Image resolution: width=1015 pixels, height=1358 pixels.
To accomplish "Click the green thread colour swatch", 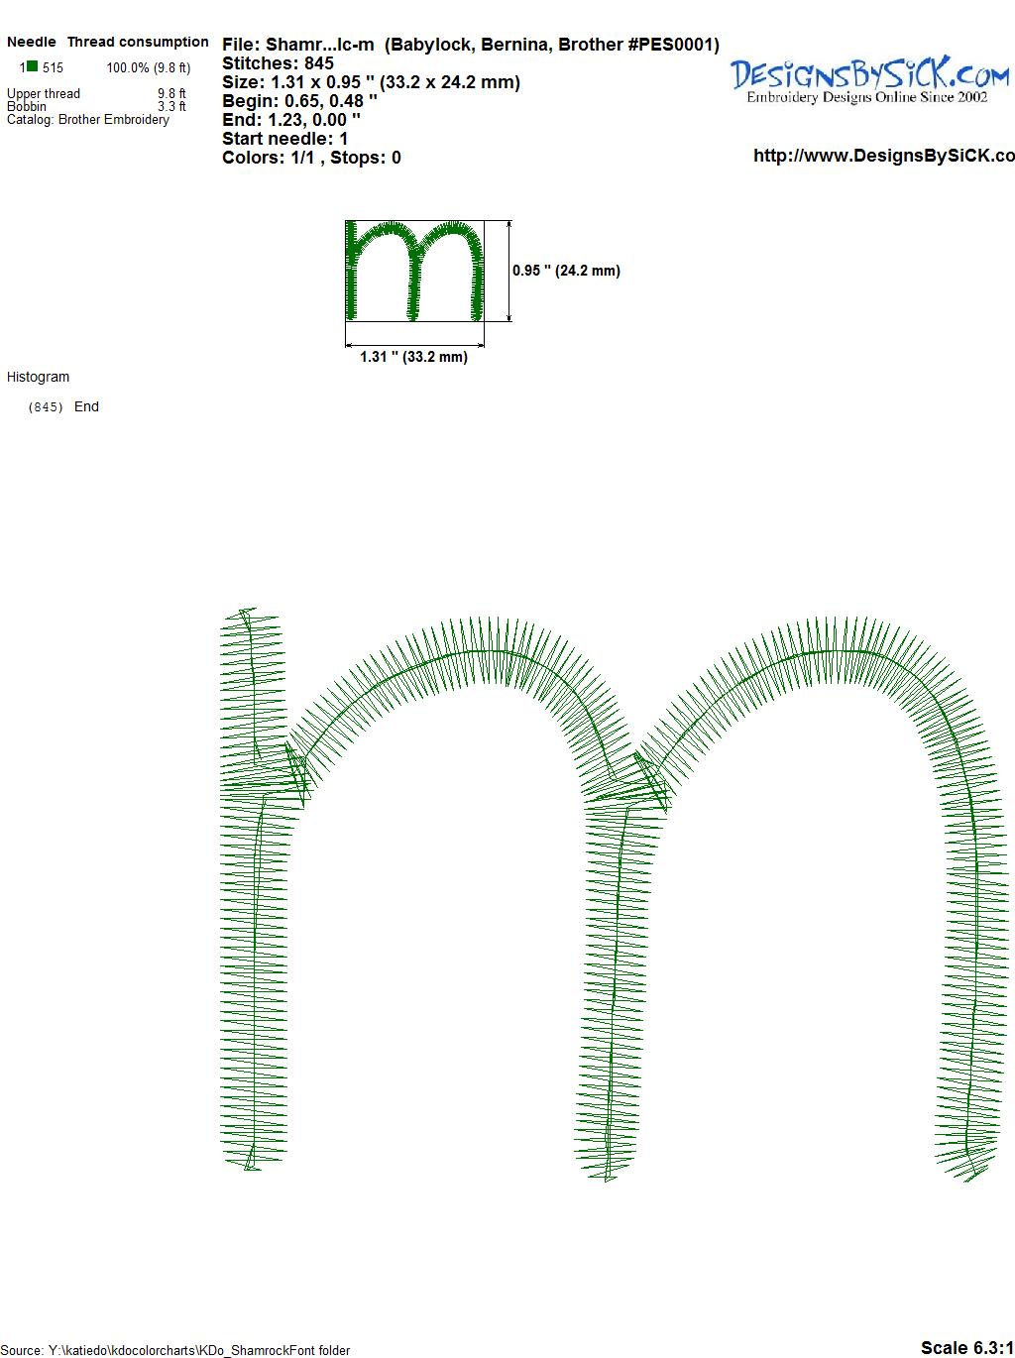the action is [32, 66].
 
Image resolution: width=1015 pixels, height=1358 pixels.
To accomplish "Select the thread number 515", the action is [53, 68].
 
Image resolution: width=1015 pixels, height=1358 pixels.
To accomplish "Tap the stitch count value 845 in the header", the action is [318, 63].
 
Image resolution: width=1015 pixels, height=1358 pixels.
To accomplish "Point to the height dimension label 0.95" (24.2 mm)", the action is [566, 271].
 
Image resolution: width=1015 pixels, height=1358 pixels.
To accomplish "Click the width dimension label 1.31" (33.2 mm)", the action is [413, 357].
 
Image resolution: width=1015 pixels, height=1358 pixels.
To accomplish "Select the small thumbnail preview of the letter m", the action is [414, 271].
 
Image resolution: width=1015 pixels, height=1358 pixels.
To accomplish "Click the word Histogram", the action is [38, 378].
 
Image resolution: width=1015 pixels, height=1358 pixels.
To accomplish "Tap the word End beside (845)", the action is [86, 406].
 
